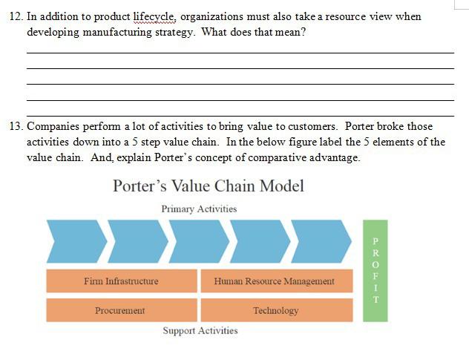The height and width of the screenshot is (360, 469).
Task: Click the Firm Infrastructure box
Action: pyautogui.click(x=121, y=281)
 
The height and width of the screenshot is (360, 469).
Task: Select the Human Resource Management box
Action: pyautogui.click(x=274, y=281)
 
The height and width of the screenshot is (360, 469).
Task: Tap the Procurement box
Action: pyautogui.click(x=121, y=310)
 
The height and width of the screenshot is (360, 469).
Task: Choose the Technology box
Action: pyautogui.click(x=275, y=310)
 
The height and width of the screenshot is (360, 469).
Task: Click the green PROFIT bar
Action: pyautogui.click(x=375, y=270)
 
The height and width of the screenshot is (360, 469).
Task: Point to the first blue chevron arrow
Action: pyautogui.click(x=75, y=241)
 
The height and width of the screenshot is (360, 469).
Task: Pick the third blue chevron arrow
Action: pyautogui.click(x=198, y=241)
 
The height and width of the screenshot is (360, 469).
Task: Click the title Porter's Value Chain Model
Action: pyautogui.click(x=209, y=186)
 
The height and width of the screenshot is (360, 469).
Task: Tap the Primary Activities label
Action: pyautogui.click(x=199, y=209)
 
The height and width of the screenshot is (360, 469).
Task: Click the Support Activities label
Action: pyautogui.click(x=200, y=330)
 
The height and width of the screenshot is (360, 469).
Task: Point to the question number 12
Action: pyautogui.click(x=16, y=16)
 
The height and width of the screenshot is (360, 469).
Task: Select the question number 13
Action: pyautogui.click(x=16, y=126)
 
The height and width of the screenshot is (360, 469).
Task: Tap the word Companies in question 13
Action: pyautogui.click(x=53, y=126)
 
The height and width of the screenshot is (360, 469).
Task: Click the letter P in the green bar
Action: pyautogui.click(x=375, y=241)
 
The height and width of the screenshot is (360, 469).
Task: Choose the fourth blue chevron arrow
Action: pyautogui.click(x=259, y=241)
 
